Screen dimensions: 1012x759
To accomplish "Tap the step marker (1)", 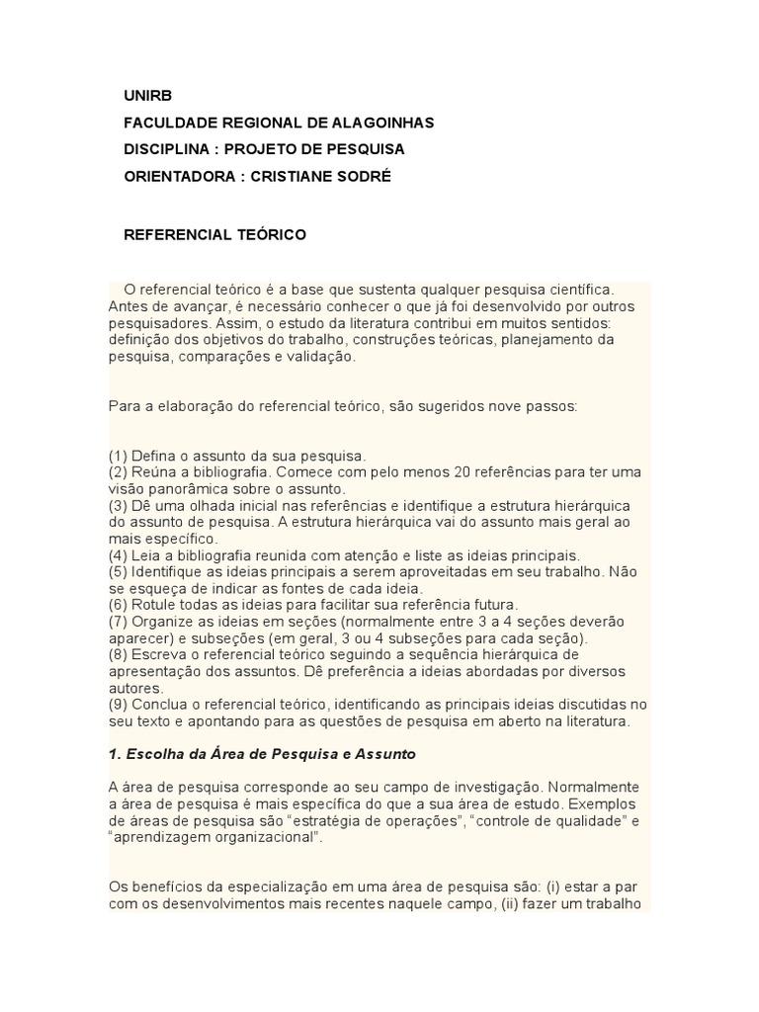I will click(119, 456).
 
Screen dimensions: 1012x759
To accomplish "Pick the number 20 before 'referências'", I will click(438, 472).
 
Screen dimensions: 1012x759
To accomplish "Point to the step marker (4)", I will click(119, 554).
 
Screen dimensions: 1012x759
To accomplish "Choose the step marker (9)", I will click(119, 704).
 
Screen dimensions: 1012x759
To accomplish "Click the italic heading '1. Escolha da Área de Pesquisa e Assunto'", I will click(263, 754).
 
